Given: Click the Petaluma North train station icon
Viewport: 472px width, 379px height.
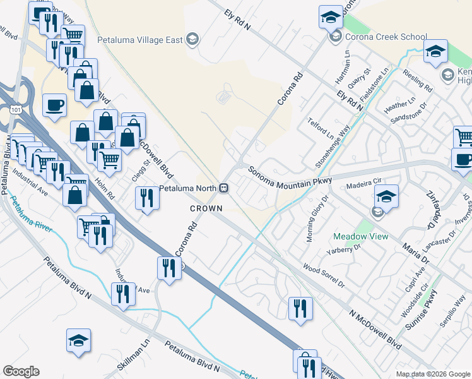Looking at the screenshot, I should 223,188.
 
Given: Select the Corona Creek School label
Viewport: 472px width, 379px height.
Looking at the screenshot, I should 386,37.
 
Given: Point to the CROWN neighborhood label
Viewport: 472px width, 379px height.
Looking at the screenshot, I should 206,208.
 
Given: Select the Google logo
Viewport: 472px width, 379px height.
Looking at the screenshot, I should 21,371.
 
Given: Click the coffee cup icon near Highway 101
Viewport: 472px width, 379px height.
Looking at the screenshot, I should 54,105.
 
